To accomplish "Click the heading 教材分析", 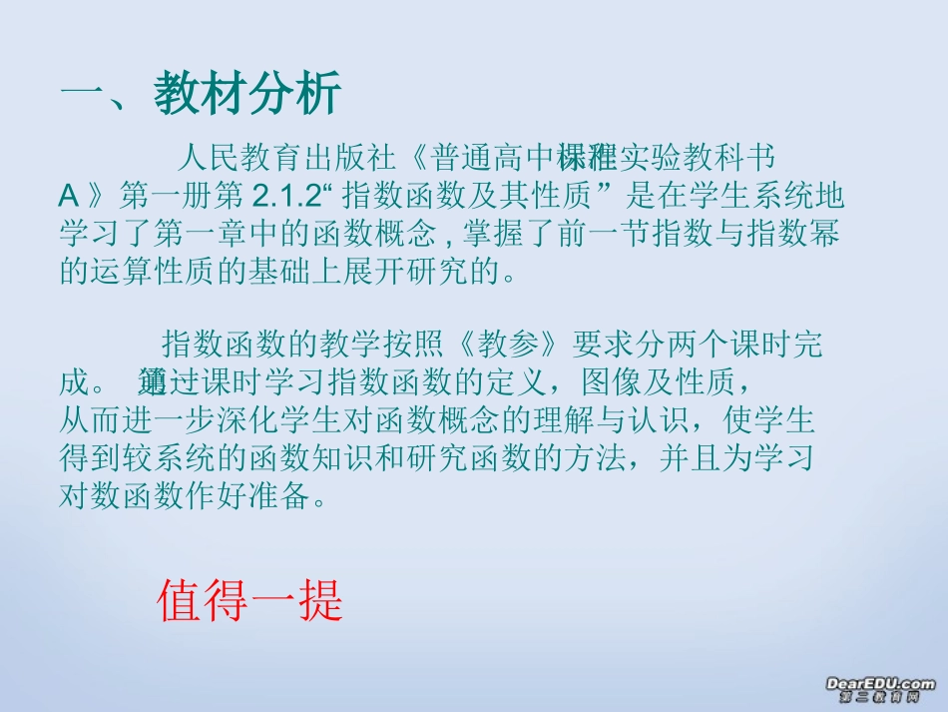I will (x=248, y=96).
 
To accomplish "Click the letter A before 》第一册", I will (x=69, y=196).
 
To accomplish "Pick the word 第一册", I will (x=176, y=196).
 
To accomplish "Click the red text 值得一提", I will (x=249, y=601).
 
